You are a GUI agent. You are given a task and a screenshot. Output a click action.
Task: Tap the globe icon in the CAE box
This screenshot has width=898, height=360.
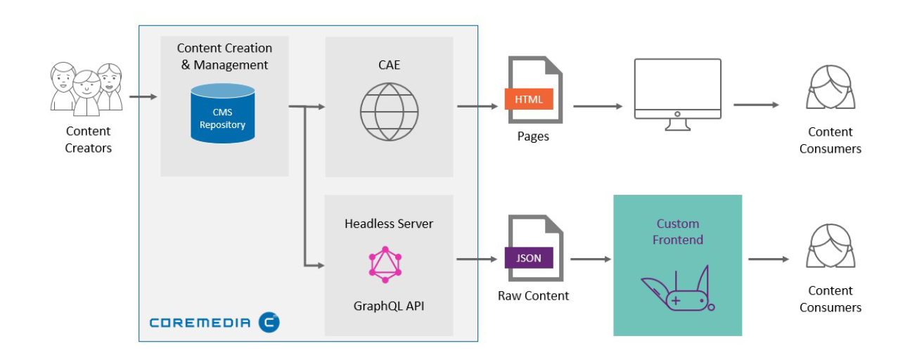click(x=389, y=112)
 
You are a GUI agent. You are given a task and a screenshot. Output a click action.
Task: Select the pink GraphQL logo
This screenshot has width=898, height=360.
click(x=385, y=264)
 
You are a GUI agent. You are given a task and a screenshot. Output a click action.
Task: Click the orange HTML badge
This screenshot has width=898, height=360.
click(x=529, y=99)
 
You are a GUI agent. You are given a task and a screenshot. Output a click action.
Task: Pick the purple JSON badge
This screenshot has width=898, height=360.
click(x=529, y=258)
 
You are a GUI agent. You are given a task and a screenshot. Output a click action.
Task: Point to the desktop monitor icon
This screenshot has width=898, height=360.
click(x=677, y=94)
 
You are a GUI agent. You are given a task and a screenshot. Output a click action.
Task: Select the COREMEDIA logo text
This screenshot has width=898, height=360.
click(x=200, y=323)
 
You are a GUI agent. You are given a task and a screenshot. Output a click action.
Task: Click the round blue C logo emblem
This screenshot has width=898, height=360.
click(x=269, y=322)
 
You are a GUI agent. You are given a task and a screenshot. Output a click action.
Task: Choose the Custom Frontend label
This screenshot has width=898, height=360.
click(x=677, y=232)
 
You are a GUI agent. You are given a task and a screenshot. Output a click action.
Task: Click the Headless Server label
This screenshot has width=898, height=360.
click(x=388, y=224)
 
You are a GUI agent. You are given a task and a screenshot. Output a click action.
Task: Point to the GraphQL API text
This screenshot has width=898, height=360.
click(x=388, y=307)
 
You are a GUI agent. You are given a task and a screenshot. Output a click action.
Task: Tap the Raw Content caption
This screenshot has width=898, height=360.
click(x=533, y=295)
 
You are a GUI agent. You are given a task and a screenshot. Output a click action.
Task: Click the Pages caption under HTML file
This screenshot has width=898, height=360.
click(x=532, y=136)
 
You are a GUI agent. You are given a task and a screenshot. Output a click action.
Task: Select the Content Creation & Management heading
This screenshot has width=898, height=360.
click(x=224, y=56)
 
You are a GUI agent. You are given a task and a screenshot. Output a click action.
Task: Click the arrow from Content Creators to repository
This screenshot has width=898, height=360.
click(x=143, y=96)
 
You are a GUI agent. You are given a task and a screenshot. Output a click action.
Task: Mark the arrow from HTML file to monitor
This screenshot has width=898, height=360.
click(x=598, y=106)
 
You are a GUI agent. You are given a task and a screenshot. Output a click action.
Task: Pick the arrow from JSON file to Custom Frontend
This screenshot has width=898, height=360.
click(x=590, y=259)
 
